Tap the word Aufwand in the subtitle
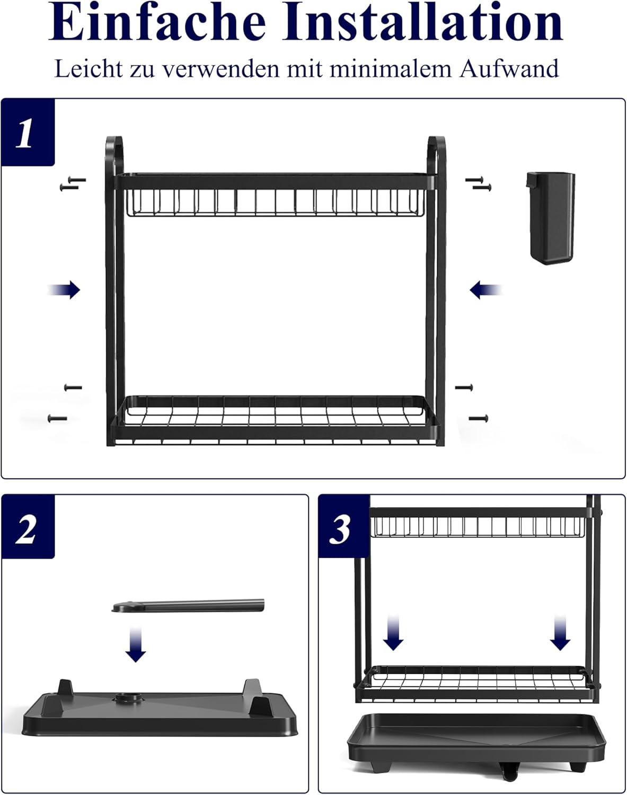(509, 69)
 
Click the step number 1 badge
(28, 132)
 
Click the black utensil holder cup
(551, 218)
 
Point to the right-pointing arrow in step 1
(64, 289)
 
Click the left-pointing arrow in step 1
(485, 289)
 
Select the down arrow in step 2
(136, 644)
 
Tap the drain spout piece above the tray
(188, 606)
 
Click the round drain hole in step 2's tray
(129, 697)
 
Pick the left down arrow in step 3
(393, 633)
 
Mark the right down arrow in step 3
(560, 633)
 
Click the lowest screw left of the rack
(58, 419)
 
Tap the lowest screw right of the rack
(479, 418)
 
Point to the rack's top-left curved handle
(114, 156)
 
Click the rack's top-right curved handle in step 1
(437, 156)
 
